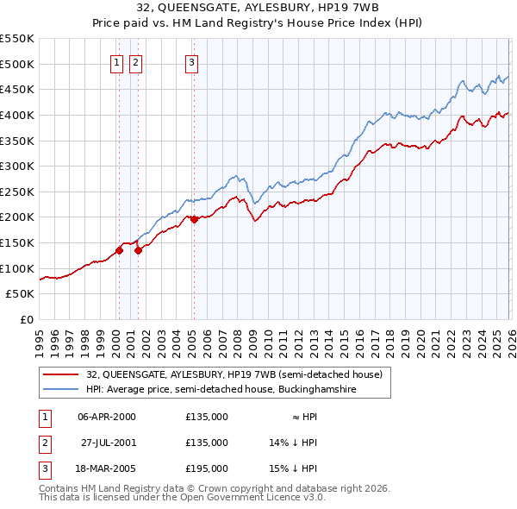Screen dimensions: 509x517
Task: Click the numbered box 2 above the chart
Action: point(136,61)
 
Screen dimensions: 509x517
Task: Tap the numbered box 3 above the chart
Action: point(191,61)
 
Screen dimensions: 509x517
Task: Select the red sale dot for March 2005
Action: point(194,219)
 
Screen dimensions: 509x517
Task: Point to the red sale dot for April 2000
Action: point(119,250)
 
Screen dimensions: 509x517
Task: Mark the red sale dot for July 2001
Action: point(139,250)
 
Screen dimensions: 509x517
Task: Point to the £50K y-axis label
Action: point(21,294)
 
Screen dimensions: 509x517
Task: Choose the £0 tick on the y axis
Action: point(28,320)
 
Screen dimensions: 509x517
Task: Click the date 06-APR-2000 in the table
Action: point(107,417)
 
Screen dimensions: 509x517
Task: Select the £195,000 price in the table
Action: point(207,468)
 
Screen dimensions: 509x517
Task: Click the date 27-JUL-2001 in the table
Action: point(107,443)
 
